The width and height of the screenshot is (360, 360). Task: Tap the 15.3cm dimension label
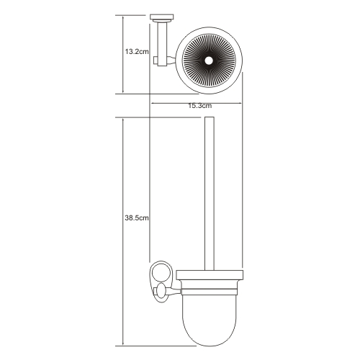[x=199, y=106]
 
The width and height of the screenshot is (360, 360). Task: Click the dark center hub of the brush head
[x=209, y=60]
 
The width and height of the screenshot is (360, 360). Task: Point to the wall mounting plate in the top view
[x=161, y=17]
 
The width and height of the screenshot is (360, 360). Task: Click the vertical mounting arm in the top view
[x=162, y=43]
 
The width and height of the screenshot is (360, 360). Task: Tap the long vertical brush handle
[x=210, y=194]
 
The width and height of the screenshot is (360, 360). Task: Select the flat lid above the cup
[x=210, y=275]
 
